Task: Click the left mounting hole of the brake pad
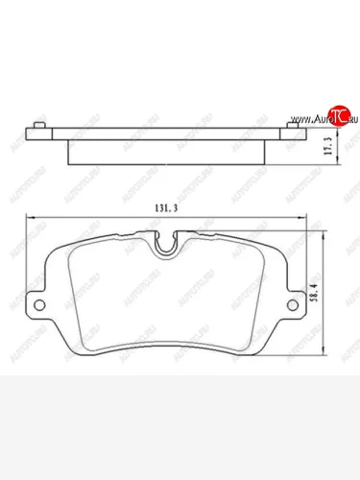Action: (39, 306)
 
